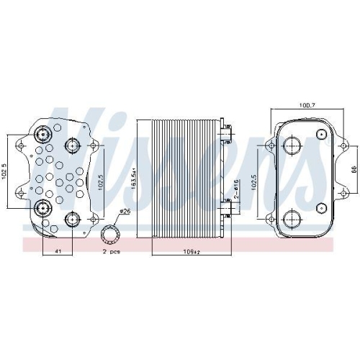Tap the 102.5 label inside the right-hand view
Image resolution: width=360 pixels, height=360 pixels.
click(252, 184)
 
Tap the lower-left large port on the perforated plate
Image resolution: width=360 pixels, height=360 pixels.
click(43, 210)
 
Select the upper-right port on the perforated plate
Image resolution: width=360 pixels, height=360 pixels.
click(74, 144)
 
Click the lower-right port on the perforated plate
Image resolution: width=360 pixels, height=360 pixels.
click(73, 218)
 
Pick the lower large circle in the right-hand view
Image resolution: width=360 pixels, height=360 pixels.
click(292, 220)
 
